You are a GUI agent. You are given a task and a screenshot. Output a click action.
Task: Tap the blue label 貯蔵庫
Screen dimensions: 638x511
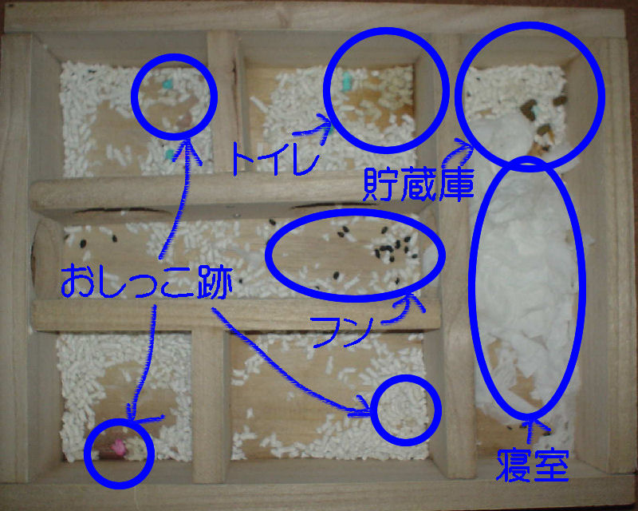[418, 184]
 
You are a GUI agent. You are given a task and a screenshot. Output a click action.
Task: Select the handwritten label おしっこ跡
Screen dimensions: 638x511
[147, 282]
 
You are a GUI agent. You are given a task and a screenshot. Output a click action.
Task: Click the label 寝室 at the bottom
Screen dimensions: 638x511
[532, 465]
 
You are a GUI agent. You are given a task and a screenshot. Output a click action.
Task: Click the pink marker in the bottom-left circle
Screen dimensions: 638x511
[118, 447]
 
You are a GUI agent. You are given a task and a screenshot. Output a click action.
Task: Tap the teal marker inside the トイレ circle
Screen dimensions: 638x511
[346, 81]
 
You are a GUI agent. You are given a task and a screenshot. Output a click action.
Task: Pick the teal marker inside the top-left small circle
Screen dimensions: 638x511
[167, 84]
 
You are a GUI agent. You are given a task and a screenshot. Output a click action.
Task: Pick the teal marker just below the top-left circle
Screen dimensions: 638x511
[170, 154]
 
